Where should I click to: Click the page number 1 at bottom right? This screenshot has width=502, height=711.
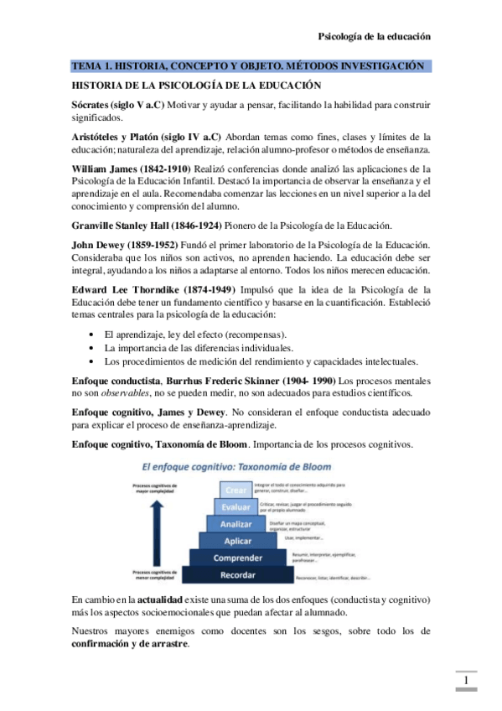[465, 680]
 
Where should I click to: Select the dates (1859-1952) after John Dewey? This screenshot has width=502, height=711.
[147, 244]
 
